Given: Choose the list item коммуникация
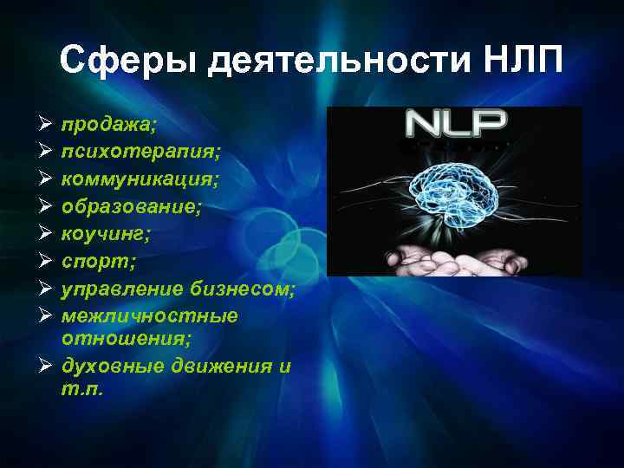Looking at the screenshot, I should pyautogui.click(x=140, y=179).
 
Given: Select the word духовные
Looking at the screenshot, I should pyautogui.click(x=107, y=367).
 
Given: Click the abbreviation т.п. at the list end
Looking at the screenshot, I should pyautogui.click(x=81, y=389).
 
